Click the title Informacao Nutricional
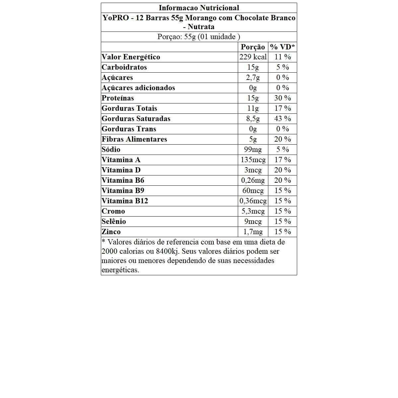pyautogui.click(x=199, y=8)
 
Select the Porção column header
pyautogui.click(x=253, y=47)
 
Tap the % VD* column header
pyautogui.click(x=283, y=47)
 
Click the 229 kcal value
pyautogui.click(x=253, y=57)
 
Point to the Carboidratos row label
pyautogui.click(x=124, y=67)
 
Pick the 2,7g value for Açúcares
pyautogui.click(x=253, y=78)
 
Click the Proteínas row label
pyautogui.click(x=118, y=98)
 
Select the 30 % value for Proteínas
pyautogui.click(x=283, y=98)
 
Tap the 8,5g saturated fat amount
pyautogui.click(x=253, y=119)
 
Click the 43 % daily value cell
pyautogui.click(x=283, y=119)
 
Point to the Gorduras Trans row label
pyautogui.click(x=129, y=129)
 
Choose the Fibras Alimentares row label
pyautogui.click(x=134, y=139)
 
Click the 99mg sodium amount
pyautogui.click(x=253, y=150)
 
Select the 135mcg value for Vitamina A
pyautogui.click(x=253, y=160)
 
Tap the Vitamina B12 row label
pyautogui.click(x=125, y=201)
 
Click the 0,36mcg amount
pyautogui.click(x=253, y=201)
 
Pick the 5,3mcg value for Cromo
pyautogui.click(x=253, y=211)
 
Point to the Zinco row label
pyautogui.click(x=111, y=232)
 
